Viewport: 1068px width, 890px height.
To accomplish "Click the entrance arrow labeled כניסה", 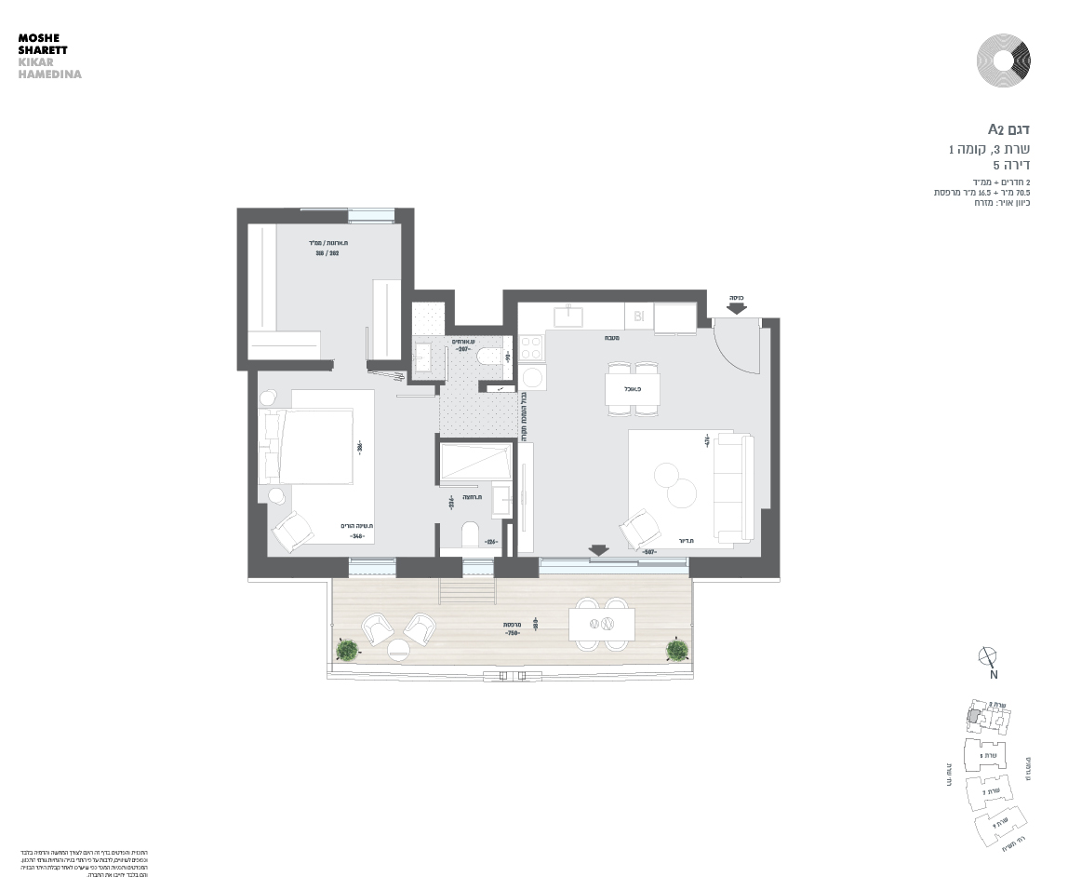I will (x=736, y=309).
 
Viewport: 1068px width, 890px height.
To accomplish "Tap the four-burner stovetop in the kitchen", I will (x=531, y=348).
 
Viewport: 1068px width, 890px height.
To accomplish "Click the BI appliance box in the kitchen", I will (x=638, y=317).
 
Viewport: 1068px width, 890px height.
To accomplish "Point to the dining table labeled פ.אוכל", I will (x=633, y=388).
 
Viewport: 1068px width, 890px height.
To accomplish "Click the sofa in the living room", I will (x=734, y=487).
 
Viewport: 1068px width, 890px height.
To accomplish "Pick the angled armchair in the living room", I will (x=640, y=529).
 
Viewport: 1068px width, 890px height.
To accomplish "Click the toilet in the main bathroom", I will (x=470, y=534).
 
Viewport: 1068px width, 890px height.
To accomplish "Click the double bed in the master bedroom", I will (x=314, y=446).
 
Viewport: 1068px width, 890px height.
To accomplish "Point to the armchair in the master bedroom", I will (x=293, y=533).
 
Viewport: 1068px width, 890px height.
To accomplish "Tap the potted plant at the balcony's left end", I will (x=347, y=649).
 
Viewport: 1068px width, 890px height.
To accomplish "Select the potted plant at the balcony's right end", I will (x=676, y=649).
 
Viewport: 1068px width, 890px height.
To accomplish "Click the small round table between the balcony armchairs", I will (x=398, y=649).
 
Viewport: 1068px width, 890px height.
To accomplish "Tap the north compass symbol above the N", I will (x=988, y=655).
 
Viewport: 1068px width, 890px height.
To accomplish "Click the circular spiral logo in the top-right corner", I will (x=1003, y=60).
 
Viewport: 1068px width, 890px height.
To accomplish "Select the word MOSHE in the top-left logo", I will (x=38, y=38).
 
